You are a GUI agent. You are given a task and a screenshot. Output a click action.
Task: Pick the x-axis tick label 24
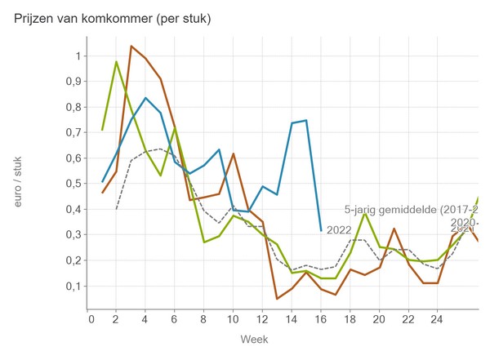coord(437,319)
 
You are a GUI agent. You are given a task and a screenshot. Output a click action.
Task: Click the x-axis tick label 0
coord(91,319)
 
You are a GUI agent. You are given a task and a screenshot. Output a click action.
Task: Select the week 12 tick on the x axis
coord(262,319)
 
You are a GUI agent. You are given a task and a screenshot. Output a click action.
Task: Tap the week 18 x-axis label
coord(350,319)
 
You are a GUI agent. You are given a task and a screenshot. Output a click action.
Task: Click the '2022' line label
coord(338,230)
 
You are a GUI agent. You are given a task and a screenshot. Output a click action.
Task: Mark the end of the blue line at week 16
coord(320,229)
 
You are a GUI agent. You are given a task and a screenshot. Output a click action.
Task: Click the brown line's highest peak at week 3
coord(131,46)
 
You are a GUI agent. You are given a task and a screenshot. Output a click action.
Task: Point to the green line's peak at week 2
coord(117,61)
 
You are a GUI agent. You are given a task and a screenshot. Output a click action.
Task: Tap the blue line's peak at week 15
coord(306,120)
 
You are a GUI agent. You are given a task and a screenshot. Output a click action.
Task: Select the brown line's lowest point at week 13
coord(277,299)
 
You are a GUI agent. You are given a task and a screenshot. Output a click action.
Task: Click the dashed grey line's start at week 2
coord(117,208)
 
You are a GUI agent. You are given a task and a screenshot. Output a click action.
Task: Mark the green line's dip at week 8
coord(204,242)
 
